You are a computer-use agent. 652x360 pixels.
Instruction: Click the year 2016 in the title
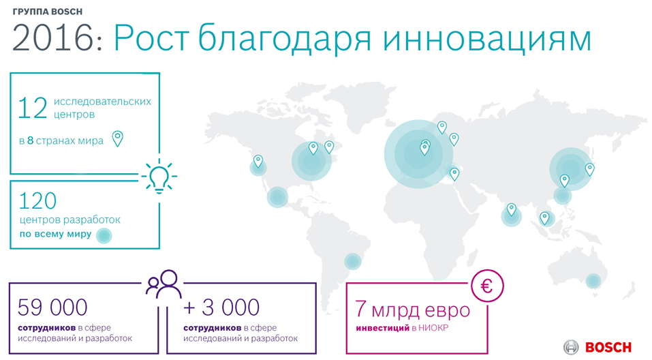(x=53, y=38)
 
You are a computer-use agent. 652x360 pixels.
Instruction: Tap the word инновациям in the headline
(x=487, y=39)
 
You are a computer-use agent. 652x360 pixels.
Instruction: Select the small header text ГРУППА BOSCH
(x=48, y=12)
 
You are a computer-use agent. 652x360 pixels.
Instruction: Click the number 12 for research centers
(x=33, y=108)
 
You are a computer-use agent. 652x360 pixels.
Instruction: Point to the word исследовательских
(x=102, y=102)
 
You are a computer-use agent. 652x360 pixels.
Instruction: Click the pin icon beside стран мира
(x=118, y=138)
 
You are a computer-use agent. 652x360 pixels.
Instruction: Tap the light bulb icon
(x=159, y=177)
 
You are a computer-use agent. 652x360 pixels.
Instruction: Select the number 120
(x=37, y=201)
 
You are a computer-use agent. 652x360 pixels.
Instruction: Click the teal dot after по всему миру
(x=104, y=235)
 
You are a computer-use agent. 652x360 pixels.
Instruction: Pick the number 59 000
(x=52, y=307)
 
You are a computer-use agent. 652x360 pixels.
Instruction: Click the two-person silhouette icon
(x=164, y=284)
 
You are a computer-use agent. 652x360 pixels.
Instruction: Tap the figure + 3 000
(x=221, y=307)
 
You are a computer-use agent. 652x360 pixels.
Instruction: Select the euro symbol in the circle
(x=487, y=286)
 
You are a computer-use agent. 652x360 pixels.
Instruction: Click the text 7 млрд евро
(x=412, y=310)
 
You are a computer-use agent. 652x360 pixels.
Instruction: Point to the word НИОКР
(x=433, y=328)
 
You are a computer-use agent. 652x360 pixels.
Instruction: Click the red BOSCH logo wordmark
(x=608, y=347)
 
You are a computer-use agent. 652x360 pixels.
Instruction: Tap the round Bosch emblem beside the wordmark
(x=572, y=347)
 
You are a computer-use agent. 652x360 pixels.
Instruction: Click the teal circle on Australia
(x=593, y=281)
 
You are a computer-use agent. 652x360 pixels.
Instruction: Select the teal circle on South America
(x=353, y=261)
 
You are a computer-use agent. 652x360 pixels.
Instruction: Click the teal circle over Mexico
(x=277, y=197)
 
